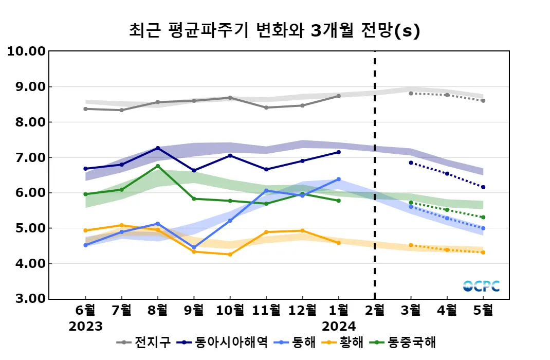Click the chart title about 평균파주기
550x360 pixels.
point(274,31)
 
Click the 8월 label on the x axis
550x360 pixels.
point(158,310)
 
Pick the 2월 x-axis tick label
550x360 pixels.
point(374,310)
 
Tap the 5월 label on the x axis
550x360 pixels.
point(483,310)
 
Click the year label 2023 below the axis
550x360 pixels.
point(85,327)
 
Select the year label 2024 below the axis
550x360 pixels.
point(338,327)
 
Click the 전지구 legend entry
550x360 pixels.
point(144,343)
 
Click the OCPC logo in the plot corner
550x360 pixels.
point(481,286)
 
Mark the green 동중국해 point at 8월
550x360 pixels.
point(158,166)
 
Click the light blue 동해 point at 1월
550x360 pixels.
point(338,179)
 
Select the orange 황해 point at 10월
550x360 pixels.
point(230,255)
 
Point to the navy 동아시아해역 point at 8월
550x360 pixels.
point(158,148)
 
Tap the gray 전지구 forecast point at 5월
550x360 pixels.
point(483,101)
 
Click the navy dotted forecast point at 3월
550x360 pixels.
point(411,163)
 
